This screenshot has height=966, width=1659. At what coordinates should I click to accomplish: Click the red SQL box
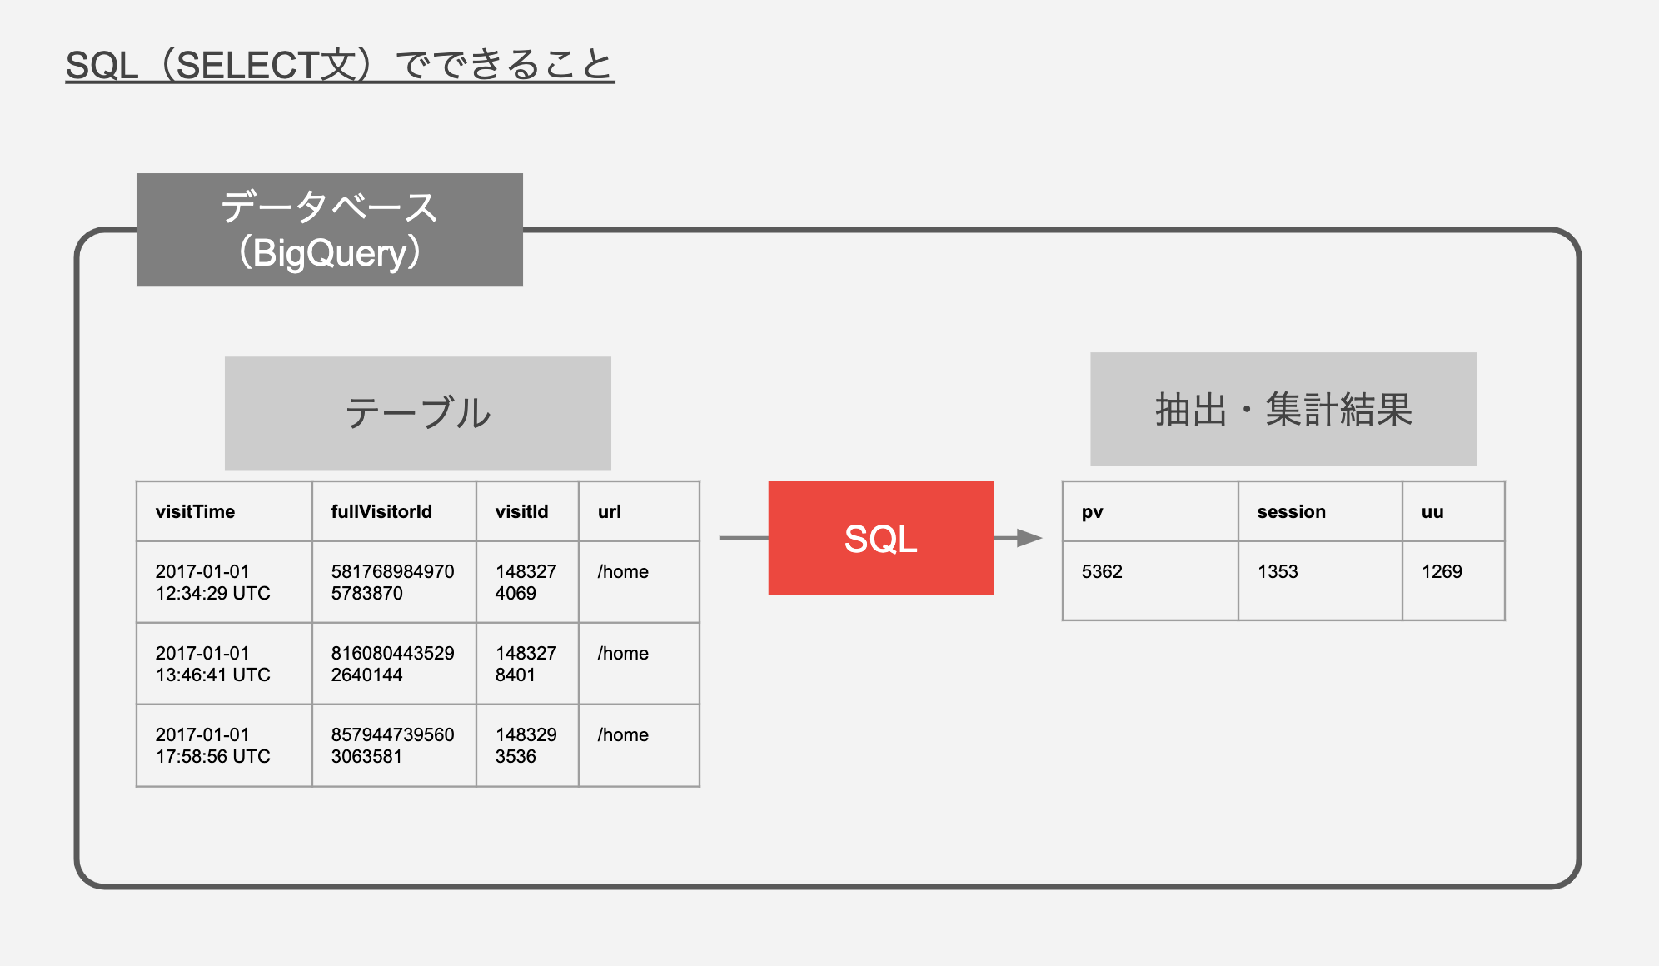(880, 538)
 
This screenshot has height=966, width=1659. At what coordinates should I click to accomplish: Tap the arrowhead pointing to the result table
(1030, 538)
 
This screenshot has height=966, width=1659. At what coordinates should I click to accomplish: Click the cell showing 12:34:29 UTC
(224, 582)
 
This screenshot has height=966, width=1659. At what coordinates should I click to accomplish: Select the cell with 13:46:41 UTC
(224, 664)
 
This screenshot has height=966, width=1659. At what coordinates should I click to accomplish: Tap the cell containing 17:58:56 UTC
(224, 745)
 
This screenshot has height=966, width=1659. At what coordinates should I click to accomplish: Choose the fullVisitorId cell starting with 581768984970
(394, 582)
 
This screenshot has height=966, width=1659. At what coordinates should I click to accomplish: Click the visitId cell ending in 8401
(527, 664)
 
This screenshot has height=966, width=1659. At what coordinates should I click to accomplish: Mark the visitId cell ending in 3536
(527, 745)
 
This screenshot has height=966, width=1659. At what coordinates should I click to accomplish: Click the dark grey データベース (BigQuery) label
(330, 230)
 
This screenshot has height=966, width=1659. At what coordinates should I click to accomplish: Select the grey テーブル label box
(417, 413)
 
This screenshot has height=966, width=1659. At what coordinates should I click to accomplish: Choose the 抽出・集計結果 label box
(1283, 409)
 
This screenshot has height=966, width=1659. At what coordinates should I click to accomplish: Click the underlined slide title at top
(340, 65)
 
